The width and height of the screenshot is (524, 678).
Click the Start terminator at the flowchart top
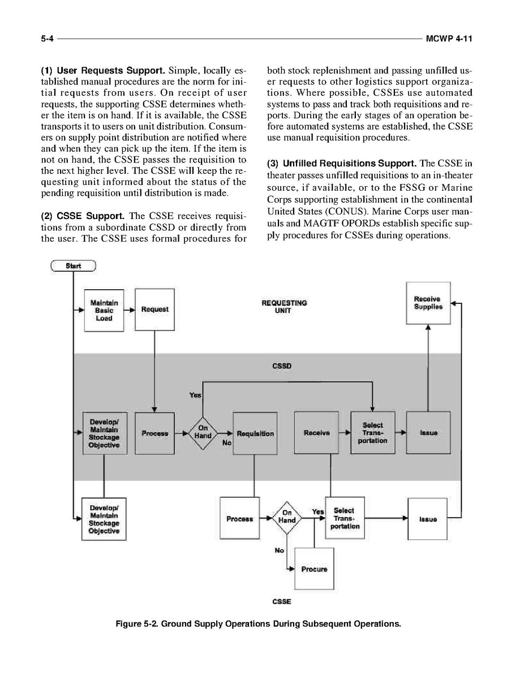click(x=74, y=265)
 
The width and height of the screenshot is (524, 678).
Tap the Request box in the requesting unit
click(x=154, y=310)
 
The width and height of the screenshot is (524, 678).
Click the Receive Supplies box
click(x=428, y=303)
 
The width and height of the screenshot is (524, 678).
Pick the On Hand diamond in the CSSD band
click(x=203, y=433)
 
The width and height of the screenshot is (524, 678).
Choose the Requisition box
click(x=255, y=433)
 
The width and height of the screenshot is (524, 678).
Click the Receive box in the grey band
click(x=316, y=433)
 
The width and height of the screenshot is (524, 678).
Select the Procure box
click(x=314, y=569)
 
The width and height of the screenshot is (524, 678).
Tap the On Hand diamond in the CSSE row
click(x=287, y=517)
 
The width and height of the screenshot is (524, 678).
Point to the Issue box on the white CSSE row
click(x=428, y=518)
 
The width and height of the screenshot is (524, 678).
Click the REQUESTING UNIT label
click(x=284, y=306)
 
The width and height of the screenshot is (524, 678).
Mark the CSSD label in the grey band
click(x=281, y=366)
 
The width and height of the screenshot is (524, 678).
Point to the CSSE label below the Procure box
click(x=281, y=602)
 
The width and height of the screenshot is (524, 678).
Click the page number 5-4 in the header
click(x=47, y=39)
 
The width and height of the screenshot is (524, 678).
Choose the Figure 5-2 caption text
click(x=258, y=624)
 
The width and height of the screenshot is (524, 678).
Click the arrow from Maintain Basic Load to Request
click(x=130, y=310)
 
